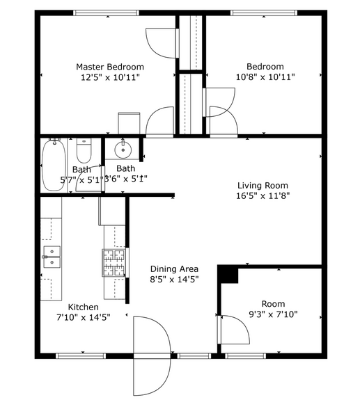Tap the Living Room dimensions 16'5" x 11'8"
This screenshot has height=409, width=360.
pyautogui.click(x=263, y=196)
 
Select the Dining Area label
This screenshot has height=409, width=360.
pyautogui.click(x=175, y=269)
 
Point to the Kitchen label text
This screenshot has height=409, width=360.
pyautogui.click(x=83, y=307)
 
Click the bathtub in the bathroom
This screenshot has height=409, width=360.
pyautogui.click(x=53, y=166)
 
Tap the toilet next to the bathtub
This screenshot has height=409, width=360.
pyautogui.click(x=84, y=150)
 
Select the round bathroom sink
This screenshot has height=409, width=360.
pyautogui.click(x=123, y=149)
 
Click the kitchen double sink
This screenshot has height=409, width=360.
pyautogui.click(x=51, y=256)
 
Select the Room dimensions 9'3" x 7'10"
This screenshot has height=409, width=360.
pyautogui.click(x=273, y=314)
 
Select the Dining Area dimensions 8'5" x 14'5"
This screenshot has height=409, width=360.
pyautogui.click(x=175, y=280)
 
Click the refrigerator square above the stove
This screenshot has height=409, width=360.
pyautogui.click(x=111, y=211)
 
